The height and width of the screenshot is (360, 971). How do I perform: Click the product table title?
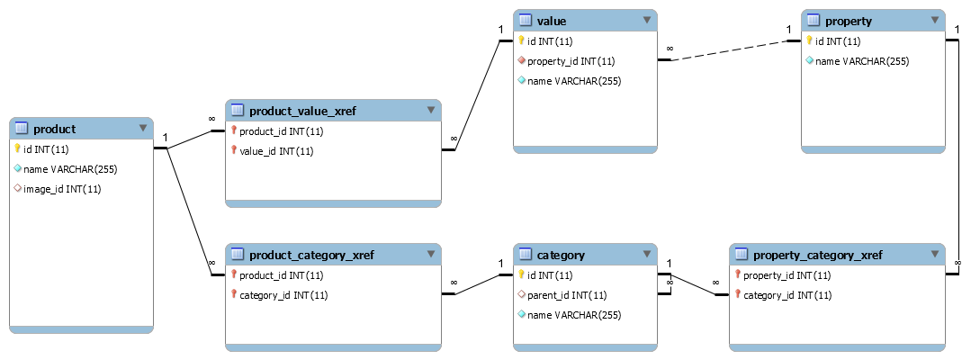point(55,129)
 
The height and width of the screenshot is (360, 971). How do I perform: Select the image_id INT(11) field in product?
point(61,189)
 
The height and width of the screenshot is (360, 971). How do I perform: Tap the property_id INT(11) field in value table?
point(571,61)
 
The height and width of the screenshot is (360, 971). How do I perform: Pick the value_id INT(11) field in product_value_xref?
point(276,151)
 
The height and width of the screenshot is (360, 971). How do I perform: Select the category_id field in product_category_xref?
point(283,295)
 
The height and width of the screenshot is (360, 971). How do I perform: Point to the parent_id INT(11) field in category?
point(566,295)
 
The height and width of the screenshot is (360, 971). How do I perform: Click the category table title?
point(561,255)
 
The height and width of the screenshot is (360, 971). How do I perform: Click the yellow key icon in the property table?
point(809,41)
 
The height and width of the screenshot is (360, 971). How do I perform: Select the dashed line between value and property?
point(729,50)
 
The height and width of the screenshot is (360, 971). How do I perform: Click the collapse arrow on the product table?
point(142,129)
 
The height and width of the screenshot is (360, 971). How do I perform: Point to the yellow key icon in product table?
point(17,149)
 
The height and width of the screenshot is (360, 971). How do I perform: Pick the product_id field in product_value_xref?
point(282,131)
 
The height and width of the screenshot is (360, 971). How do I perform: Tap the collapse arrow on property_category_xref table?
point(934,255)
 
